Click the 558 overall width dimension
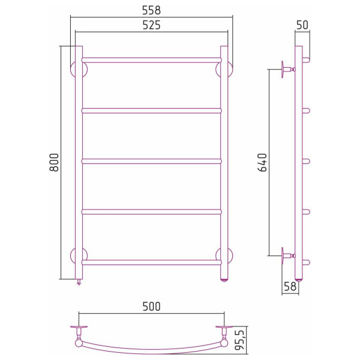151,10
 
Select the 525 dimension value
151,25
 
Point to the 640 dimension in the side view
263,163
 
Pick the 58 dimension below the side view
289,287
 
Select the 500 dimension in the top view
151,306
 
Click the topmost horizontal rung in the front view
151,60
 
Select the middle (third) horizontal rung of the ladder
151,161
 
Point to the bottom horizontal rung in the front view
151,262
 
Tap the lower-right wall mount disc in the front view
226,256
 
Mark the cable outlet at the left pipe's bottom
79,283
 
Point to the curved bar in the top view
151,350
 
